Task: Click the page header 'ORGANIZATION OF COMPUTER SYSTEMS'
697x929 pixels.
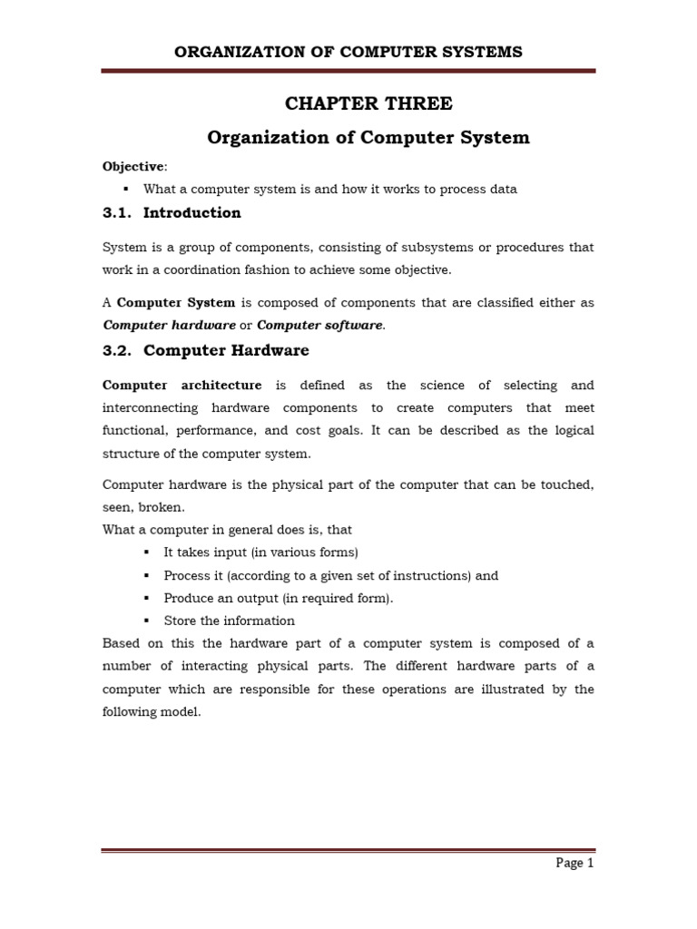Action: tap(348, 52)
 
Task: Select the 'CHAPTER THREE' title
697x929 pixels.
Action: tap(368, 103)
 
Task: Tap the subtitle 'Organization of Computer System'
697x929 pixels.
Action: tap(368, 138)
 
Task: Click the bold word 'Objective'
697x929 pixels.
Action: tap(133, 167)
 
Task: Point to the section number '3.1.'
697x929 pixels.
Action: tap(118, 213)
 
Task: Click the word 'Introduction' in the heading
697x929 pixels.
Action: tap(192, 213)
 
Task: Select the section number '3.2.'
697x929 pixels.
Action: tap(118, 350)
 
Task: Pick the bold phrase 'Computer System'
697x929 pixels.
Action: tap(176, 302)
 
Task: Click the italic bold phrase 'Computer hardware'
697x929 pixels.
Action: tap(169, 325)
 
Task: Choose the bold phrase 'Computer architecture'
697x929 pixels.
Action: tap(182, 385)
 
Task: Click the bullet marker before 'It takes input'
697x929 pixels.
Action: tap(146, 553)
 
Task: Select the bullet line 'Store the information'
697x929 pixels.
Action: tap(229, 621)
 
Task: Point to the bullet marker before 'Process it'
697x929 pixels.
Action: tap(146, 575)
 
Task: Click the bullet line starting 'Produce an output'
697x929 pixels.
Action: tap(279, 598)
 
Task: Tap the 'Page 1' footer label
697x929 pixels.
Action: tap(574, 863)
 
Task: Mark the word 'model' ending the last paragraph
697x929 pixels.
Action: tap(180, 712)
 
